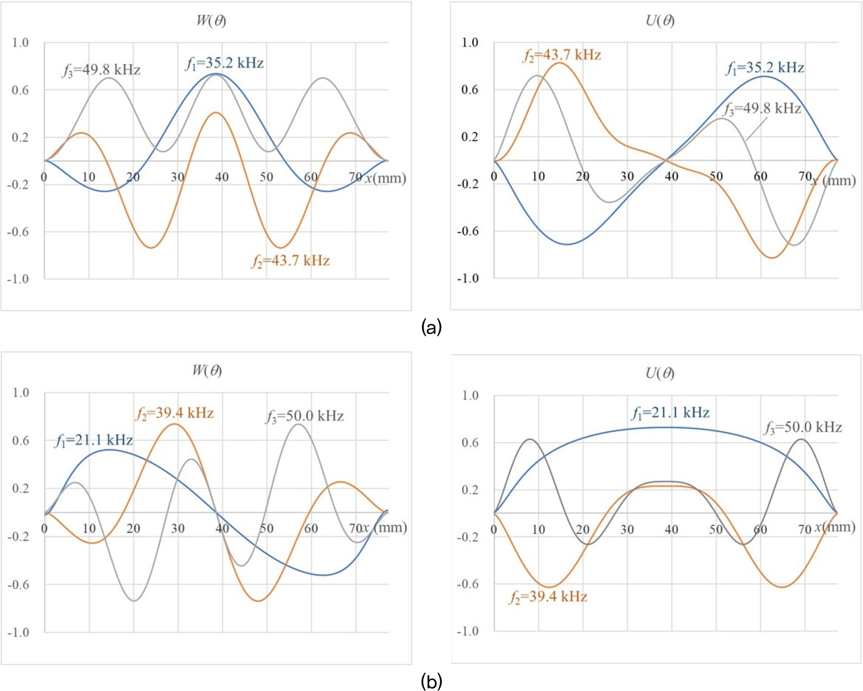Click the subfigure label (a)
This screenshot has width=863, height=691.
pyautogui.click(x=431, y=327)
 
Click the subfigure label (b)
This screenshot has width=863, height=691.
pyautogui.click(x=431, y=681)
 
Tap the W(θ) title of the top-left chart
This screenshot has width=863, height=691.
pyautogui.click(x=211, y=20)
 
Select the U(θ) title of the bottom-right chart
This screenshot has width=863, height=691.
pyautogui.click(x=660, y=374)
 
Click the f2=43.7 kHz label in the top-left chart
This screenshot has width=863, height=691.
pyautogui.click(x=290, y=261)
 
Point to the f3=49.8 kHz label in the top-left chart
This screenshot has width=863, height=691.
pyautogui.click(x=101, y=70)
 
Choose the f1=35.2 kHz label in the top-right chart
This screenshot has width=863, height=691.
pyautogui.click(x=765, y=68)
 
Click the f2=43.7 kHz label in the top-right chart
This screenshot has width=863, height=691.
pyautogui.click(x=562, y=55)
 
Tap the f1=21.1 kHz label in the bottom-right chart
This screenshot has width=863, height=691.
pyautogui.click(x=670, y=413)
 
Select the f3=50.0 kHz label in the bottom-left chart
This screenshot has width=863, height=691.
pyautogui.click(x=304, y=416)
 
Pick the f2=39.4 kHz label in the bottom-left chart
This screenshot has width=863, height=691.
pyautogui.click(x=174, y=413)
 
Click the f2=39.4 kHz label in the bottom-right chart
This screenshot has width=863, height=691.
pyautogui.click(x=548, y=597)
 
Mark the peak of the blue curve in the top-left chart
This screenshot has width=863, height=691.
pyautogui.click(x=216, y=74)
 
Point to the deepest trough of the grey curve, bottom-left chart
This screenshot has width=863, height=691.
pyautogui.click(x=134, y=601)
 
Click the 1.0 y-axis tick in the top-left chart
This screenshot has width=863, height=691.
pyautogui.click(x=20, y=43)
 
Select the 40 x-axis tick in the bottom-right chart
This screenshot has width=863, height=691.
pyautogui.click(x=671, y=529)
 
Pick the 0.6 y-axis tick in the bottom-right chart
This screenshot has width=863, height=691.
pyautogui.click(x=470, y=443)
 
